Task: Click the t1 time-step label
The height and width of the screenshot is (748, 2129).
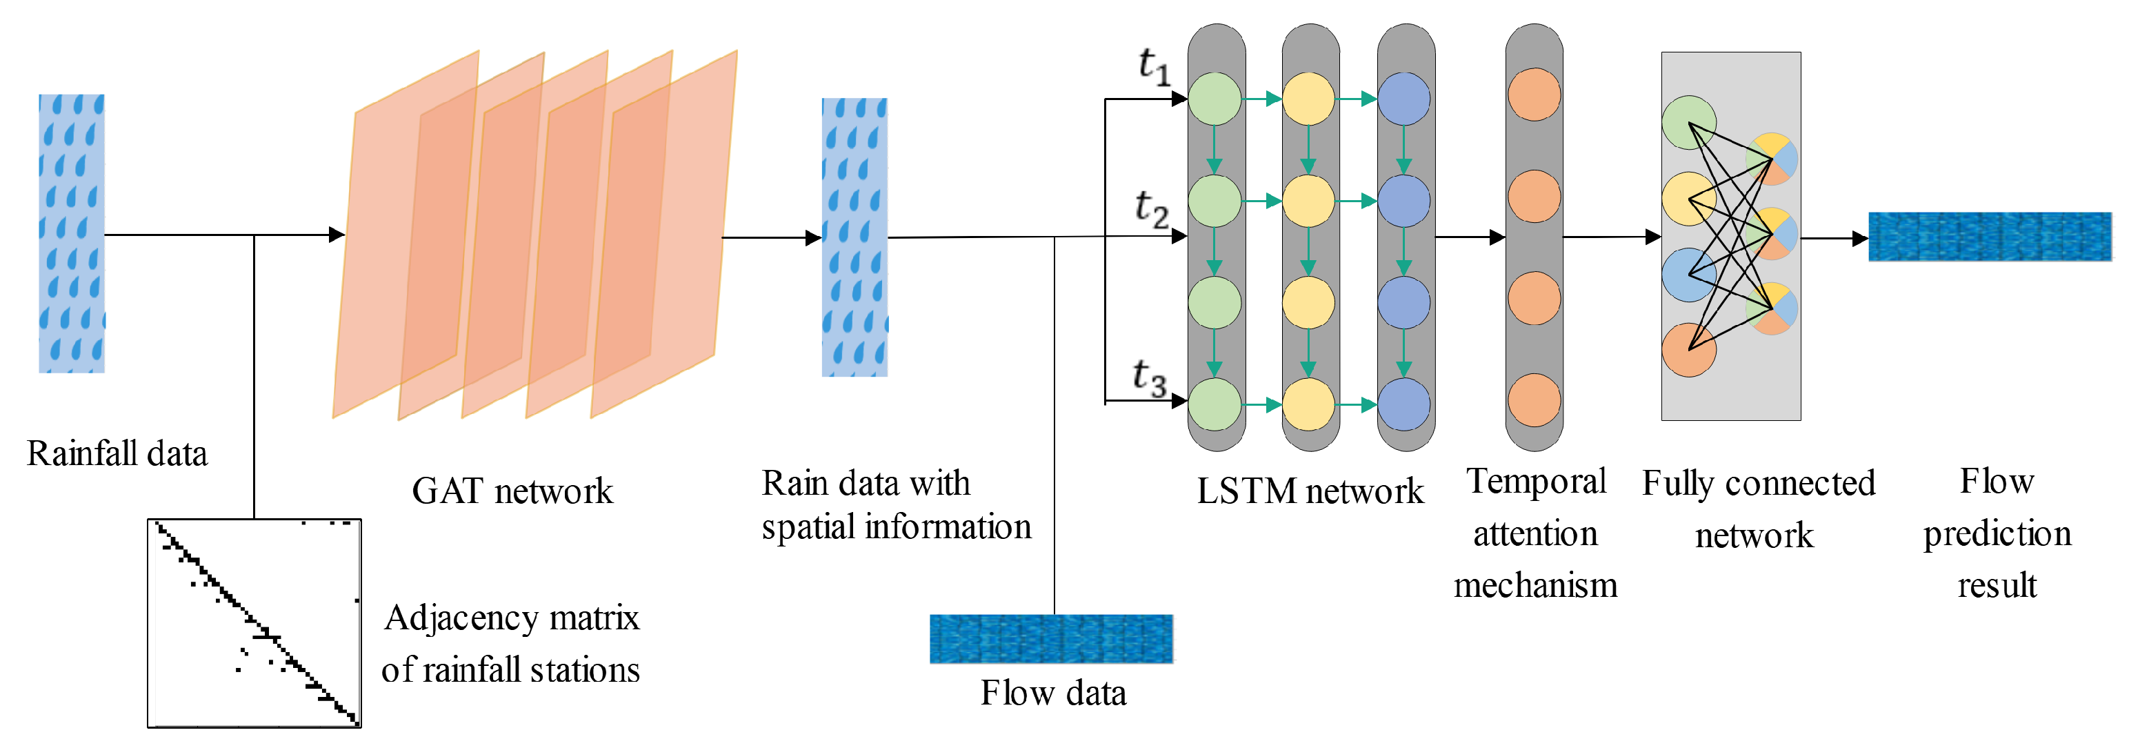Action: [x=1154, y=66]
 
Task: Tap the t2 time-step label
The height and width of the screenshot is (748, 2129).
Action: [x=1150, y=208]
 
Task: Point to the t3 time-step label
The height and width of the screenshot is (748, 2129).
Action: [x=1149, y=377]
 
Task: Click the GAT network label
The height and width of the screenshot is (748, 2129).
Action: [x=512, y=491]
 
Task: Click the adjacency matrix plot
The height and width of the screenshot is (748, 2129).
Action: [x=254, y=623]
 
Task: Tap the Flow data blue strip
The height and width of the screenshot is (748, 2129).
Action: [x=1050, y=638]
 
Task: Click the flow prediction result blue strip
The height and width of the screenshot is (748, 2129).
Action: [x=1988, y=237]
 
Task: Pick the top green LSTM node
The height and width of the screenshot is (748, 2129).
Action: [x=1214, y=99]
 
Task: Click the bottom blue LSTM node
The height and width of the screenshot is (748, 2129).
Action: [x=1403, y=404]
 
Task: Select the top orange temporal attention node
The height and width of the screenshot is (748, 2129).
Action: [x=1534, y=95]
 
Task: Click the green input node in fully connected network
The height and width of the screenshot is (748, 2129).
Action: [x=1688, y=122]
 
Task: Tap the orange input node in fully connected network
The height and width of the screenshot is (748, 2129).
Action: [x=1688, y=350]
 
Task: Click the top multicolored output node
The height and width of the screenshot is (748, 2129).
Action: [x=1771, y=159]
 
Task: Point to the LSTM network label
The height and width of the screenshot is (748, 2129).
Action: [x=1310, y=491]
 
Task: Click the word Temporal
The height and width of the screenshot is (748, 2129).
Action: [x=1536, y=481]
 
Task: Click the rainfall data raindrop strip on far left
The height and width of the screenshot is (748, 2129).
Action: [x=72, y=233]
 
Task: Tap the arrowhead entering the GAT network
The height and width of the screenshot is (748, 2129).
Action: [x=337, y=235]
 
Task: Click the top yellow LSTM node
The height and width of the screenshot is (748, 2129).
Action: [x=1308, y=99]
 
